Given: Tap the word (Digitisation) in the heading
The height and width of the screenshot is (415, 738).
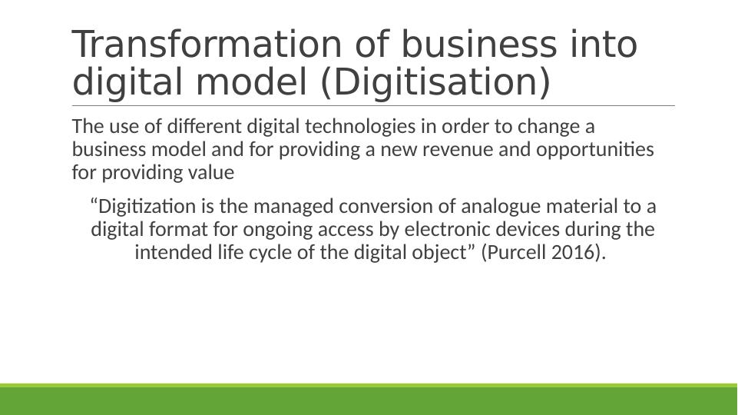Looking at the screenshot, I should pos(435,82).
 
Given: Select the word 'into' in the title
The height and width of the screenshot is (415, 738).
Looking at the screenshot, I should pos(601,45).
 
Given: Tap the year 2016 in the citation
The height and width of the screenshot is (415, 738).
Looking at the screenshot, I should pos(573,252).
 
